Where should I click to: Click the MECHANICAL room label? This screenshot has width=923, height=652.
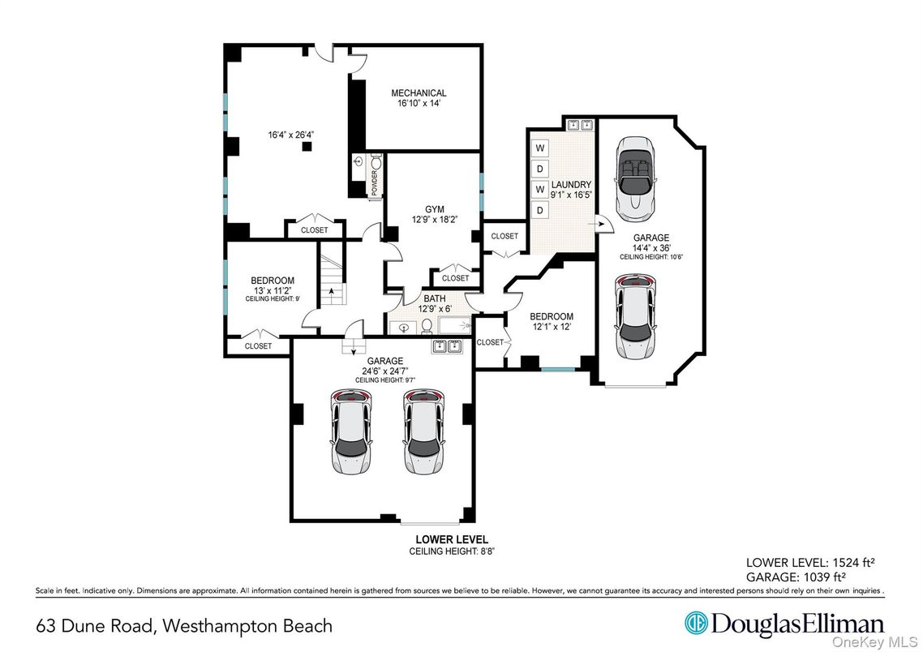click(x=419, y=93)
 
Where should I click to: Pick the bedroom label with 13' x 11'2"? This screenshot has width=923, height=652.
click(x=272, y=281)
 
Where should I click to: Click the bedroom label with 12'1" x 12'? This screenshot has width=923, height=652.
click(x=552, y=316)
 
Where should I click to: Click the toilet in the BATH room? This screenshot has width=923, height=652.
click(x=426, y=327)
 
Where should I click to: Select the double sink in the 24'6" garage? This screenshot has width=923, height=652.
click(x=445, y=347)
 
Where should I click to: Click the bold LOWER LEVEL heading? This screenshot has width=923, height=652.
click(x=452, y=539)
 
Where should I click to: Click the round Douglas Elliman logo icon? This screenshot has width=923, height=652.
click(x=695, y=624)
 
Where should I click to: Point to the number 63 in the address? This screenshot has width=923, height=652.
click(x=47, y=626)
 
